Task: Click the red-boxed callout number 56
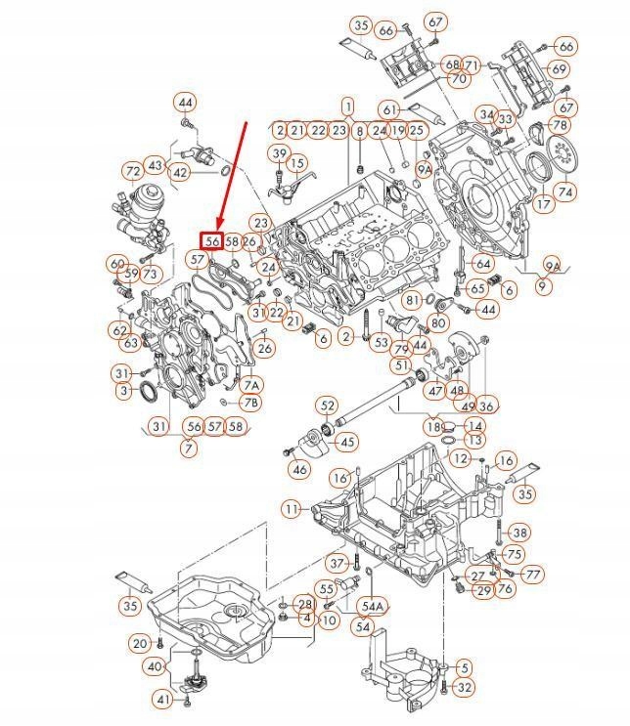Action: (x=211, y=240)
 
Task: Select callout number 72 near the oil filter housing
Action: (x=134, y=171)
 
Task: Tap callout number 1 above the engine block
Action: (x=347, y=105)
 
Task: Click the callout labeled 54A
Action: (x=372, y=606)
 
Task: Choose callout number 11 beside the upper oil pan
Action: (x=292, y=509)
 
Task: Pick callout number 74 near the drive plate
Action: (x=565, y=192)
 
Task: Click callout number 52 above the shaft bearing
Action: (x=327, y=406)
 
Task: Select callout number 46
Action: (x=299, y=470)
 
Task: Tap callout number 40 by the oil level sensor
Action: (x=155, y=666)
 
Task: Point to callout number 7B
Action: (x=251, y=403)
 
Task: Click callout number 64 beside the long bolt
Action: (x=482, y=264)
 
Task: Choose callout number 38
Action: (x=519, y=533)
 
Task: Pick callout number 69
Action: (x=559, y=69)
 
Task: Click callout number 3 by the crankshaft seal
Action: (x=122, y=391)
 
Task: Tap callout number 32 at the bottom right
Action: (x=465, y=688)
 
